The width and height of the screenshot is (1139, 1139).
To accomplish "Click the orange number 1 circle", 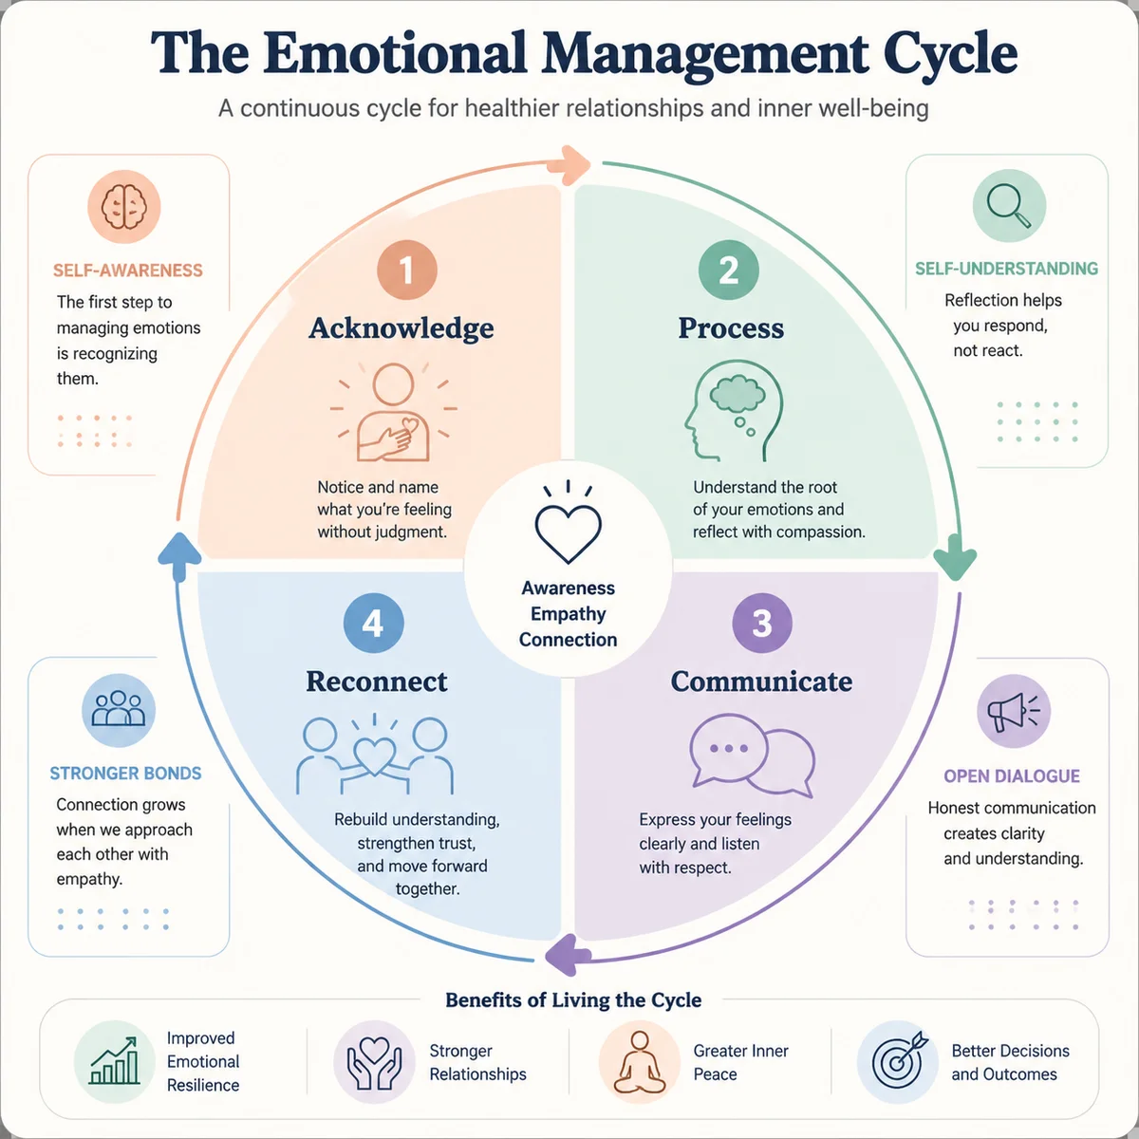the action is (406, 271).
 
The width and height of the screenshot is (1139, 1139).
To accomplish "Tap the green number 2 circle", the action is (728, 271).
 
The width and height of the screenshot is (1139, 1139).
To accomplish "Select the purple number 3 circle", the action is (762, 623).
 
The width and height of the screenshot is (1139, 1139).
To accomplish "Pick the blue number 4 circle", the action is (374, 623).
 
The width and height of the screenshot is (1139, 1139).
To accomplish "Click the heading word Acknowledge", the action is (401, 328).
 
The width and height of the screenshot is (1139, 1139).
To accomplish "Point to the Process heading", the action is (731, 328).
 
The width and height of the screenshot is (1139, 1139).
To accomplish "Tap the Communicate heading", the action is (761, 682).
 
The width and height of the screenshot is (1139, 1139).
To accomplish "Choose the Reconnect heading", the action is (377, 682).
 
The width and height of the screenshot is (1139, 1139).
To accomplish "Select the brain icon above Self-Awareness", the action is (124, 206).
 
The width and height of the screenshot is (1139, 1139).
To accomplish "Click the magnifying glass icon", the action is (1009, 206).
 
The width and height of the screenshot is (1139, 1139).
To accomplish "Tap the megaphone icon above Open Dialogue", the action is (1014, 711).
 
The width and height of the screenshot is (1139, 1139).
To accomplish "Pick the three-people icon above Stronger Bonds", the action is (119, 710).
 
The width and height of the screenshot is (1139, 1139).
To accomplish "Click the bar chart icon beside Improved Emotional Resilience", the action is (115, 1061).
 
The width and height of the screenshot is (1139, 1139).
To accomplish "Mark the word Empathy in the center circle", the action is (568, 614).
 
